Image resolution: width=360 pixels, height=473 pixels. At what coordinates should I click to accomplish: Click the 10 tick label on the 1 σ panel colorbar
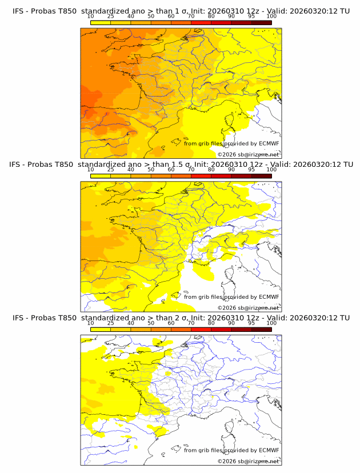click(91, 16)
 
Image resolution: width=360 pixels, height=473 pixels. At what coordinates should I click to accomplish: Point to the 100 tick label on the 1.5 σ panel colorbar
click(271, 170)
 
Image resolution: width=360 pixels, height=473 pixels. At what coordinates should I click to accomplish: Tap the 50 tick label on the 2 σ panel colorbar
click(151, 323)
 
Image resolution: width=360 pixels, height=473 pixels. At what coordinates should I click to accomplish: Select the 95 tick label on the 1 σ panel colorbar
click(251, 16)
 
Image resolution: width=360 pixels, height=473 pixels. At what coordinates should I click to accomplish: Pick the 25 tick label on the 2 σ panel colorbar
click(111, 323)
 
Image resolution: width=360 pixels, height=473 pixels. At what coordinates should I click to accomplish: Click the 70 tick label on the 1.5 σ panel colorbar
click(191, 170)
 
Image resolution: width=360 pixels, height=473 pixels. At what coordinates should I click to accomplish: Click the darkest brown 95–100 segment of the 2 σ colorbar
click(261, 330)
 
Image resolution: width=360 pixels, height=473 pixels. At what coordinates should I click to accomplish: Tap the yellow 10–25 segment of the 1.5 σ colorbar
click(101, 176)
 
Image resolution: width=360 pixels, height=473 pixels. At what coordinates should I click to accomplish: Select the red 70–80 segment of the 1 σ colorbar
click(201, 22)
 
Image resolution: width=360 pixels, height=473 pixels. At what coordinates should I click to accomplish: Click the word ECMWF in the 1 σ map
click(269, 143)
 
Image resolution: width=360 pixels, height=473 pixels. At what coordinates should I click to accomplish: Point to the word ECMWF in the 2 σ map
click(269, 451)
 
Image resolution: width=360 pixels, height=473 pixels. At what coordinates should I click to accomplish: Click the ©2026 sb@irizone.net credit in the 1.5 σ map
click(248, 308)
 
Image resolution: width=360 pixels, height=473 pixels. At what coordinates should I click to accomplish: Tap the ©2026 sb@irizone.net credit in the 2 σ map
click(248, 462)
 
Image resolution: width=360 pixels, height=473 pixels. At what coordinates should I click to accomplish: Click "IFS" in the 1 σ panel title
click(19, 10)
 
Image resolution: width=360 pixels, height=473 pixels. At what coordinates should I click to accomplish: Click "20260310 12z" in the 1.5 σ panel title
click(234, 164)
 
